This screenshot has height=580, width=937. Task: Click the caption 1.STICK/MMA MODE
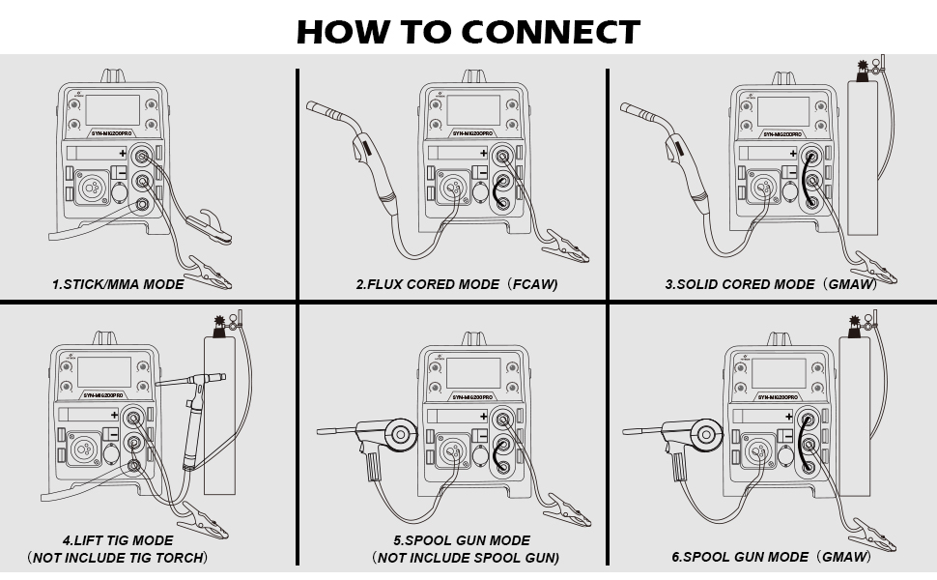click(x=118, y=285)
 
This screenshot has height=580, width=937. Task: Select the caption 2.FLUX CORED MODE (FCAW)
click(x=456, y=285)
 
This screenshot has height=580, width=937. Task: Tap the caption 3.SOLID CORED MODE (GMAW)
click(x=770, y=285)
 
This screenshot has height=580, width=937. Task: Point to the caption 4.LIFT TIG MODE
click(x=118, y=540)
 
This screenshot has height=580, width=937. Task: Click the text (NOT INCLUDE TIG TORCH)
click(x=118, y=558)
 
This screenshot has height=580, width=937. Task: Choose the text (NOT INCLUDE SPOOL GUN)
click(x=466, y=558)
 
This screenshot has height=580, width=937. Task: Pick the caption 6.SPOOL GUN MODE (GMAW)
click(x=770, y=558)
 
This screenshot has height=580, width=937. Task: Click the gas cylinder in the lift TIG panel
click(x=225, y=416)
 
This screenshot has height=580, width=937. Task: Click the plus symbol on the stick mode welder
click(x=123, y=154)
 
